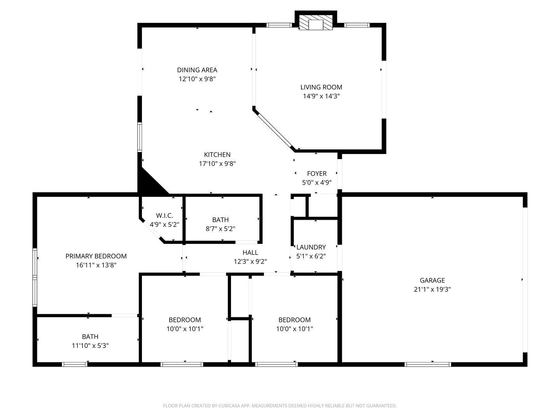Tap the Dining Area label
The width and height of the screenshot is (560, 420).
(197, 70)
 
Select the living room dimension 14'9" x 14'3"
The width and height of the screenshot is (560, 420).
(321, 96)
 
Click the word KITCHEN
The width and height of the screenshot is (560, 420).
(217, 154)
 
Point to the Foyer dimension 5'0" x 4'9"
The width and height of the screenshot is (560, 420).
(317, 183)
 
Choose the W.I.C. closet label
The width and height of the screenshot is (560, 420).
(164, 215)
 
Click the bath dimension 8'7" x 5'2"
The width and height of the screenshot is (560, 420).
(220, 229)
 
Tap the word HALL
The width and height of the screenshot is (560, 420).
(250, 252)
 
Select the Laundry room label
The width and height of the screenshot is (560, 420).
(311, 247)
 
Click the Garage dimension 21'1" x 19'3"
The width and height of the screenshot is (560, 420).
(432, 289)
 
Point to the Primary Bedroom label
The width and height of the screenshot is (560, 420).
(96, 256)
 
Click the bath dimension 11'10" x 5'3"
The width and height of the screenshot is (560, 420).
(90, 346)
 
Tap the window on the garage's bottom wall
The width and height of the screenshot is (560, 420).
(428, 364)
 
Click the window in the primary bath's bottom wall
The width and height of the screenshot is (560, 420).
(75, 364)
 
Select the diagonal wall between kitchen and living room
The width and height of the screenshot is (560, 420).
(274, 129)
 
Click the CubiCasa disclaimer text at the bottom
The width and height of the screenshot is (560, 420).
(280, 406)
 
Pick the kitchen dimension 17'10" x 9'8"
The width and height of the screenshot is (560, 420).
(217, 163)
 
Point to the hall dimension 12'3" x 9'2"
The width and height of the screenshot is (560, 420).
(250, 262)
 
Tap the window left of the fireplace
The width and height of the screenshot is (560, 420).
(279, 25)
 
